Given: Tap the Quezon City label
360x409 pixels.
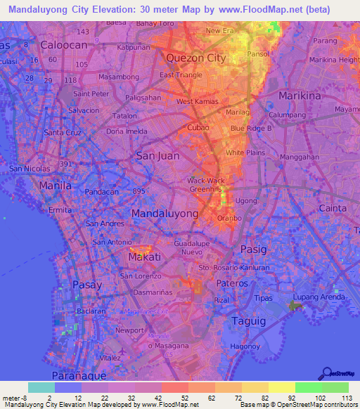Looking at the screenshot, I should [x=195, y=58].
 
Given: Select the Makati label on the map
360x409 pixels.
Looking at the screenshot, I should [x=145, y=258].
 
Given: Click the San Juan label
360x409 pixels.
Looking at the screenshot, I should [x=157, y=156].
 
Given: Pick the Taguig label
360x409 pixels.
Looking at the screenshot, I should [x=248, y=320].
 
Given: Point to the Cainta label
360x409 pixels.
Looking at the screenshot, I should [x=333, y=208].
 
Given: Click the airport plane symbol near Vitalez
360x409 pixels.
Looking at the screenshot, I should [x=124, y=349].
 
